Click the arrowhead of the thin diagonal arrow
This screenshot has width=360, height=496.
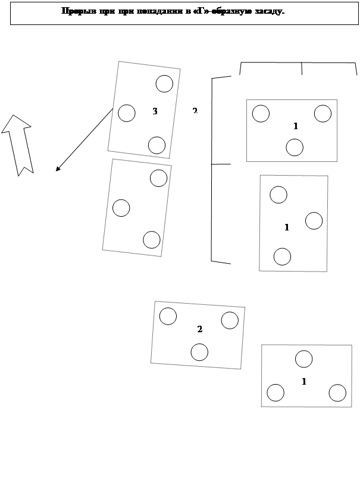[x=58, y=169]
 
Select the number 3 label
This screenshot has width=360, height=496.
[x=155, y=111]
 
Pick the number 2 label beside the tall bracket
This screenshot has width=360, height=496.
[x=195, y=110]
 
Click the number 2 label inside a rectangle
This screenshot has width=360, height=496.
[x=200, y=329]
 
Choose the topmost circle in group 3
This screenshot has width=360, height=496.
[x=164, y=84]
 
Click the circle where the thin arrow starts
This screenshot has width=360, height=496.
[x=127, y=113]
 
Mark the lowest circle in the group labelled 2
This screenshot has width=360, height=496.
[x=199, y=352]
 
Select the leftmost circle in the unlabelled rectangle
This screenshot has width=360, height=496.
[x=121, y=208]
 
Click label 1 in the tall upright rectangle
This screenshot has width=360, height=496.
[x=287, y=227]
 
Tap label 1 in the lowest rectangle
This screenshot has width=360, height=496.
[x=304, y=382]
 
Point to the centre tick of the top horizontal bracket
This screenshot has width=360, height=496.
[x=302, y=68]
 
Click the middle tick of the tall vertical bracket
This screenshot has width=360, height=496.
[x=221, y=164]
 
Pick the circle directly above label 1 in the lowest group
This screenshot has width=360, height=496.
[x=304, y=359]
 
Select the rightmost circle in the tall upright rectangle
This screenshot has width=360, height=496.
[x=314, y=221]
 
